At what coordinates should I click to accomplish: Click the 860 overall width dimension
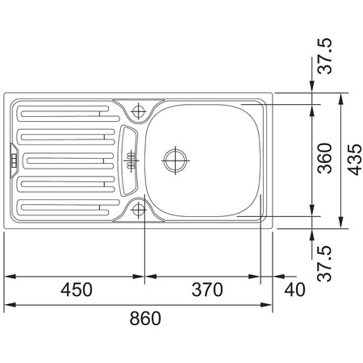click(145, 318)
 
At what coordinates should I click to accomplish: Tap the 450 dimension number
click(77, 290)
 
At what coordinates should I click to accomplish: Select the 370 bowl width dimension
click(207, 290)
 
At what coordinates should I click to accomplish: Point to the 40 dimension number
click(294, 290)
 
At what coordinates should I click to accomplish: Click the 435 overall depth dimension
click(354, 160)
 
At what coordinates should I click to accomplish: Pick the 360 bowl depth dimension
click(325, 158)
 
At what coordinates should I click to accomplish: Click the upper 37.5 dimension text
click(325, 56)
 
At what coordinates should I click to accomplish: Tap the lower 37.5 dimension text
click(324, 264)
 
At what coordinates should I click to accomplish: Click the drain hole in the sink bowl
click(175, 161)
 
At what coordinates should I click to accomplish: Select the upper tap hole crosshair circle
click(139, 111)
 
